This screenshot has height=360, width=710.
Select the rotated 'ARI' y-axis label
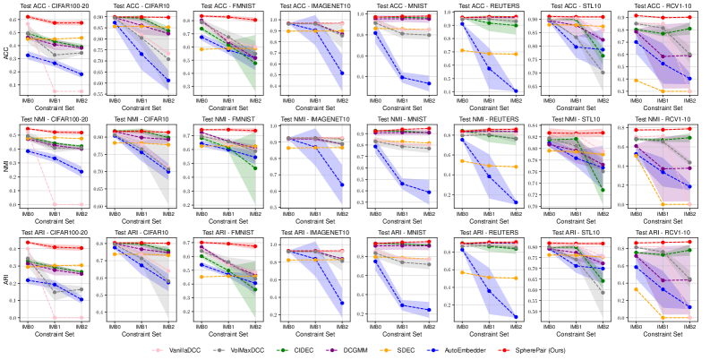(7, 279)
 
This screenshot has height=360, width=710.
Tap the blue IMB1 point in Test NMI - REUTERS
(489, 176)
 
